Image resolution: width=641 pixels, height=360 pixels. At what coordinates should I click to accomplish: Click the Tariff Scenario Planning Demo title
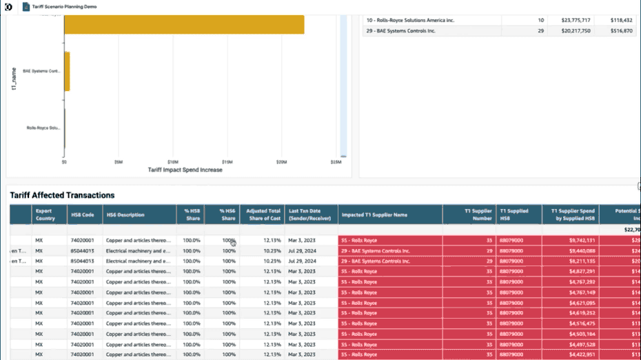64,6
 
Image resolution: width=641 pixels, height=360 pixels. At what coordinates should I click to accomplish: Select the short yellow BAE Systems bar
67,71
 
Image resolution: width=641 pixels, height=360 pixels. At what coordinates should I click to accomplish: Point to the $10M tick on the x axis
173,163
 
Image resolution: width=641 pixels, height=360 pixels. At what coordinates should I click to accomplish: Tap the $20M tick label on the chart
281,163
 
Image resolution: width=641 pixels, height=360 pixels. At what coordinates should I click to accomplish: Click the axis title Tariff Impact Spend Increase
185,170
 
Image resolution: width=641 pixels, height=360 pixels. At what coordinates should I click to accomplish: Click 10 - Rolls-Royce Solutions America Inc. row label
410,20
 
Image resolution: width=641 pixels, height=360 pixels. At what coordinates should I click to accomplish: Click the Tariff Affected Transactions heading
62,195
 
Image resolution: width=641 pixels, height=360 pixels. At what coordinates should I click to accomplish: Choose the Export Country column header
43,214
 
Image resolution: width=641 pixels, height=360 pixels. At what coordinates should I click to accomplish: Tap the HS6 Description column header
125,214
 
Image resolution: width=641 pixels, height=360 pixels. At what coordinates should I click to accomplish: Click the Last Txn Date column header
312,214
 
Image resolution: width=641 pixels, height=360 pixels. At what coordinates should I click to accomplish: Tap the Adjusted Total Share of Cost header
263,214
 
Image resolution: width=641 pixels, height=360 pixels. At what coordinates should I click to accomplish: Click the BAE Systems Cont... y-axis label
43,71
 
